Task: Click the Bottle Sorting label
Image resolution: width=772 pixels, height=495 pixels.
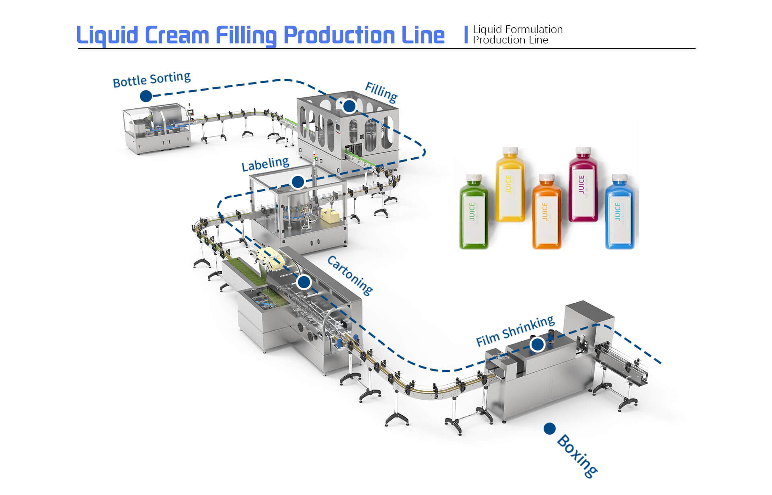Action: (152, 79)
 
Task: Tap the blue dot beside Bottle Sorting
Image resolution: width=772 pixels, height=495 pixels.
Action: (146, 96)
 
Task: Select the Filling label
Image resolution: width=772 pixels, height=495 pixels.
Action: (381, 92)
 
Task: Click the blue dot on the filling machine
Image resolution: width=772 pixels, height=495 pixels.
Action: (349, 106)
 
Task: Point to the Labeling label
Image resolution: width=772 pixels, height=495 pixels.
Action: (265, 164)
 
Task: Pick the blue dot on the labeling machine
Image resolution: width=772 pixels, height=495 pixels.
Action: (298, 182)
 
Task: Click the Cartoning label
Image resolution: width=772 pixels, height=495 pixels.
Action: (350, 276)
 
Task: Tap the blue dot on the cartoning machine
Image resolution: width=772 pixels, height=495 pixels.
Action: (304, 282)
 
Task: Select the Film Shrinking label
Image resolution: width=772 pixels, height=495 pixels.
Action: (515, 331)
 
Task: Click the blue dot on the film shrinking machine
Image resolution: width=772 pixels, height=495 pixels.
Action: (538, 344)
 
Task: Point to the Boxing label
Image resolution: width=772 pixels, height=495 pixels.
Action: (577, 456)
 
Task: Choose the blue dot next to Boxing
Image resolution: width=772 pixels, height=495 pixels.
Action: (549, 429)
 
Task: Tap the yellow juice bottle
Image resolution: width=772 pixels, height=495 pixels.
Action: (510, 185)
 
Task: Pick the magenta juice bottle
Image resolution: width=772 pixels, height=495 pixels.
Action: (583, 185)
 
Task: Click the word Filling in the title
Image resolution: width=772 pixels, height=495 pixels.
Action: (246, 35)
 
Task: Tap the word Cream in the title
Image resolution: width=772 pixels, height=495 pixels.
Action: (177, 35)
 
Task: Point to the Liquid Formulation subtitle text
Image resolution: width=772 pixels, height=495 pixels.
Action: (517, 29)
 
